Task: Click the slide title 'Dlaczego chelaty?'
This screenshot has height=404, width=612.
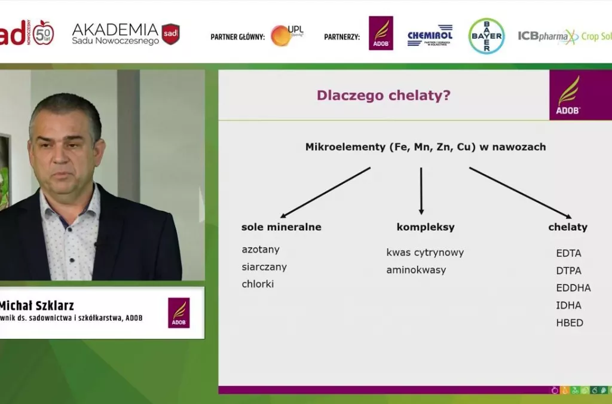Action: coord(383,96)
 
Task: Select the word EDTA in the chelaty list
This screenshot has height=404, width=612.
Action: coord(568,253)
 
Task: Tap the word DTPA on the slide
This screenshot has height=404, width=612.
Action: coord(568,271)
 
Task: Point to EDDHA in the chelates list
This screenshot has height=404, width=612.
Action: coord(573,288)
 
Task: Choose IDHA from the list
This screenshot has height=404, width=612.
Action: coord(568,305)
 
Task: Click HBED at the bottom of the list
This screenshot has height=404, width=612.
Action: coord(570,323)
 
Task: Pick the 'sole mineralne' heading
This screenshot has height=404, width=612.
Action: coord(281,227)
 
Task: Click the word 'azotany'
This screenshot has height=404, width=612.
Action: coord(261,249)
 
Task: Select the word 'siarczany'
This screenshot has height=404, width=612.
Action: coord(264,267)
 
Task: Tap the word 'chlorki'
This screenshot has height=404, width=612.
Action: coord(258,284)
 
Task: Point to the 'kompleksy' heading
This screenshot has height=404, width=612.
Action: coord(426,227)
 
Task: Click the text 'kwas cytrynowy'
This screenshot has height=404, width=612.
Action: coord(425,252)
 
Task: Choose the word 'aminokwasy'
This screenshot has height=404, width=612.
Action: coord(416,270)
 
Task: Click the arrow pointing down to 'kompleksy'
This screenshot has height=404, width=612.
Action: coord(421,191)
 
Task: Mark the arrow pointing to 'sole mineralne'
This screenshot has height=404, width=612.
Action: coord(326,192)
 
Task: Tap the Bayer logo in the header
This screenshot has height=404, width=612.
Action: coord(486,36)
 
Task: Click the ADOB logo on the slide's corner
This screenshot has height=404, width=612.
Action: coord(568,96)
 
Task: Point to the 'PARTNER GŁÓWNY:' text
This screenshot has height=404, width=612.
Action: coord(237,37)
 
